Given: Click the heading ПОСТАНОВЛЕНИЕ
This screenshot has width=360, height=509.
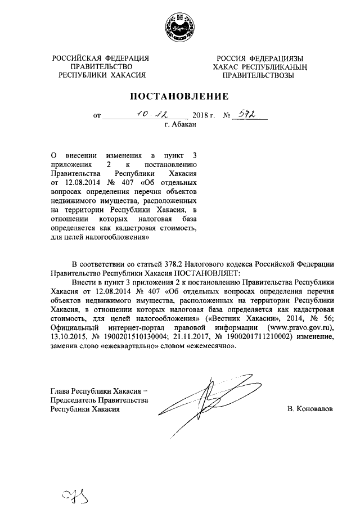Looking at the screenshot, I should tap(179, 96).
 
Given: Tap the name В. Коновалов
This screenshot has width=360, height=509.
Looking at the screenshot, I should tap(309, 409).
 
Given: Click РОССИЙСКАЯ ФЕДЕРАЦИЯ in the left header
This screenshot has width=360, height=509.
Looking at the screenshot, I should tap(101, 58).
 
